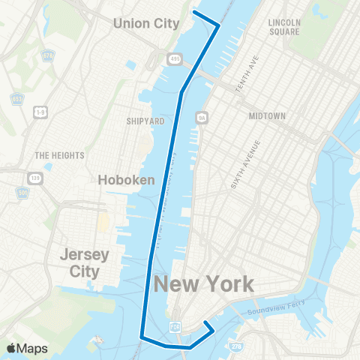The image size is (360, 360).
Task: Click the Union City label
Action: (146, 23)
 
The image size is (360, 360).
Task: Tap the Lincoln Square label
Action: (283, 28)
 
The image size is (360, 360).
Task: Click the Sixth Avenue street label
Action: (244, 163)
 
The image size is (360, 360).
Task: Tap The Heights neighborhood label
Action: (59, 155)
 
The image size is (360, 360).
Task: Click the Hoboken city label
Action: (127, 179)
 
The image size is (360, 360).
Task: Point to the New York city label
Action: (203, 283)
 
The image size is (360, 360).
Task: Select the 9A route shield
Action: (201, 117)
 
